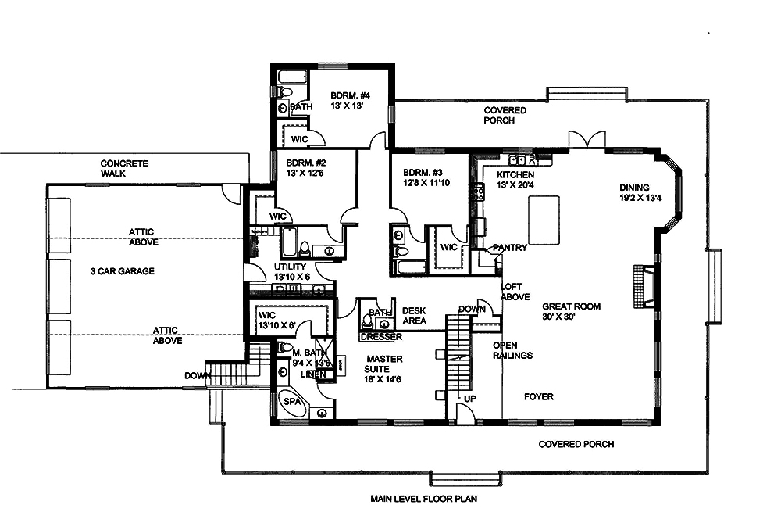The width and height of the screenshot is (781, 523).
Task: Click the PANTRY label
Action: coord(509,248)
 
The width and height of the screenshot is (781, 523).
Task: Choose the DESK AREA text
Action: coord(413,316)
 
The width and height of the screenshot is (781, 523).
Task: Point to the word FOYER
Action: coord(539,397)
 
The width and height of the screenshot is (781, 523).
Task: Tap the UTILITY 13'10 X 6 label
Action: coord(292,271)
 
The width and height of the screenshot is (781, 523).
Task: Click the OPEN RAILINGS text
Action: coord(513,350)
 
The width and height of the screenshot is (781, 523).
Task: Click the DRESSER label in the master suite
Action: coord(381,337)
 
